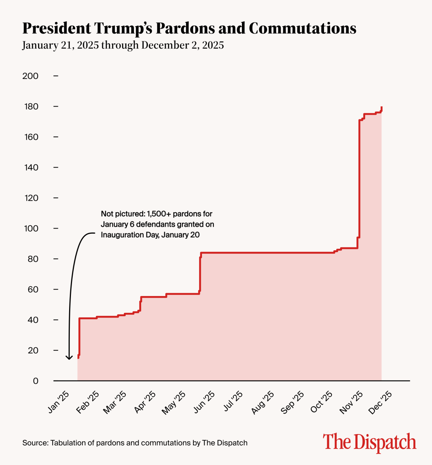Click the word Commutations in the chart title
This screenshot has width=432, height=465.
[302, 28]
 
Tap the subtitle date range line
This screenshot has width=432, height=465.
[123, 45]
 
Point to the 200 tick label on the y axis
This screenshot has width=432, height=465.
[30, 76]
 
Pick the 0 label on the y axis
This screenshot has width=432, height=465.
[35, 381]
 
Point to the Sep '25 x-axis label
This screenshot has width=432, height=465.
[292, 402]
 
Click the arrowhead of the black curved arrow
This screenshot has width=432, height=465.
[69, 357]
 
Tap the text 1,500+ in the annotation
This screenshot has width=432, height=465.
[158, 214]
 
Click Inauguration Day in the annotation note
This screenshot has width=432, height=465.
[130, 235]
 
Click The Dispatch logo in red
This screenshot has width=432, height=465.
[369, 442]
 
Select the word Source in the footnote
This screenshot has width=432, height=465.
[35, 443]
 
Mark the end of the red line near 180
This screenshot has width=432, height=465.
[382, 108]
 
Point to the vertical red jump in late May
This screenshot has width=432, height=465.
[200, 273]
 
